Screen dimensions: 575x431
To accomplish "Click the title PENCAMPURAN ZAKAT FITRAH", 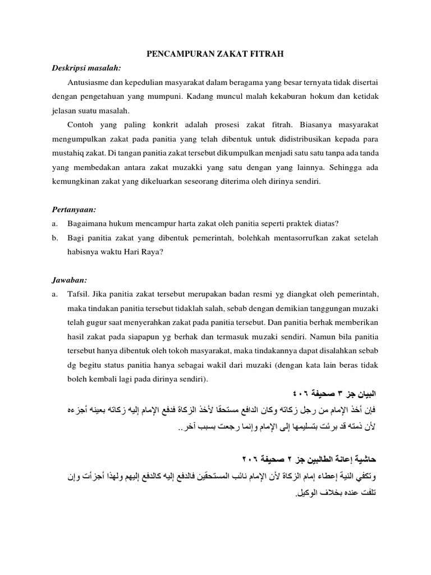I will [215, 54].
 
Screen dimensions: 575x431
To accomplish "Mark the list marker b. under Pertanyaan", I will [54, 238].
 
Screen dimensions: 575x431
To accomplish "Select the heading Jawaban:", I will [70, 280].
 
